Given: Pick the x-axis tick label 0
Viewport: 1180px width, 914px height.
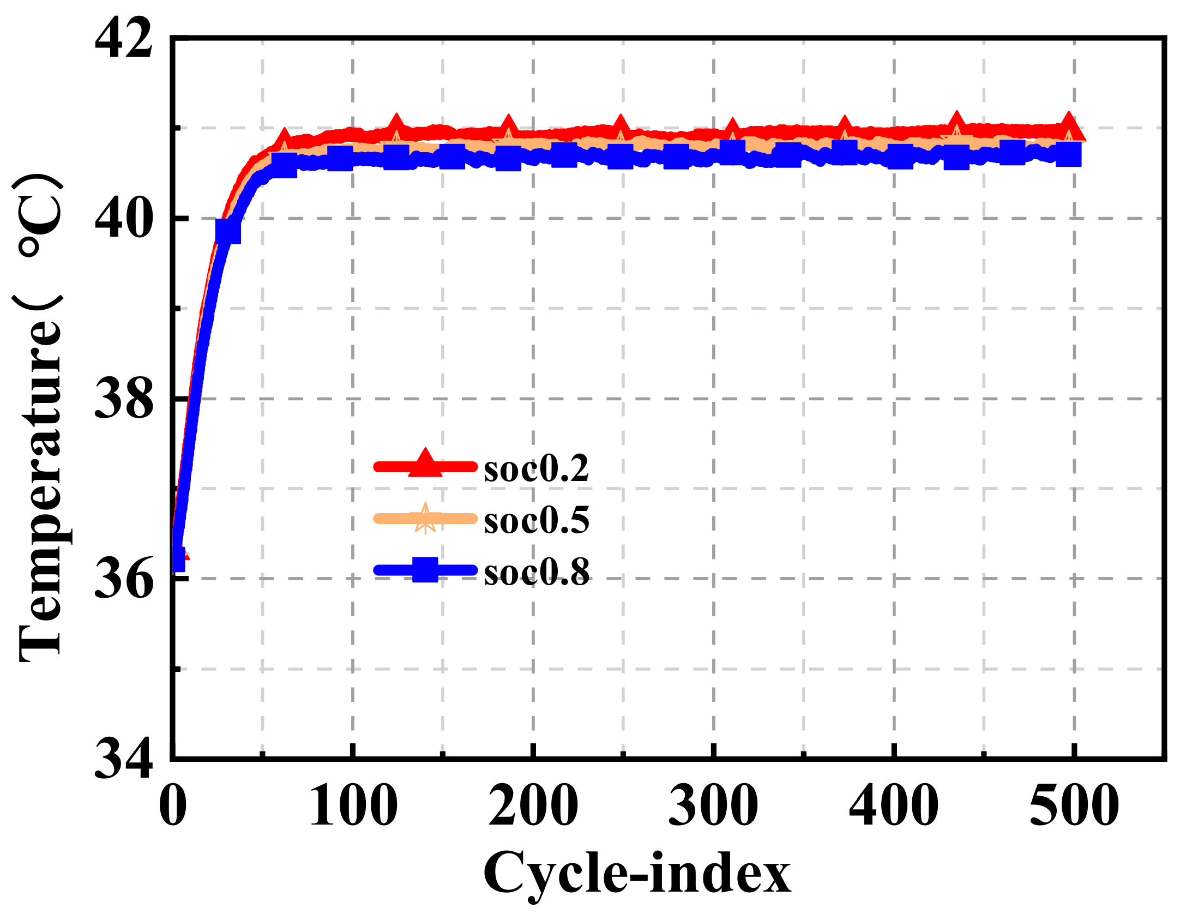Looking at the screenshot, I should tap(173, 806).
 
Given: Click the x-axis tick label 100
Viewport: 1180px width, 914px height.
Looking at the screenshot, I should tap(353, 806).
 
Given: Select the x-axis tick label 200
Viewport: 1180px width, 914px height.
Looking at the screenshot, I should tap(533, 806).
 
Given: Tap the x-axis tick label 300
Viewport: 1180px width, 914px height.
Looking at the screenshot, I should tap(713, 806).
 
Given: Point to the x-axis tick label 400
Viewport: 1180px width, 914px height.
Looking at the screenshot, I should tap(894, 806).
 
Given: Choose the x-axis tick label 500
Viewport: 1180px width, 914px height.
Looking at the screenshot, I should tap(1074, 806).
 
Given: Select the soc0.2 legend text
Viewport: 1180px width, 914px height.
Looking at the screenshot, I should tap(537, 468).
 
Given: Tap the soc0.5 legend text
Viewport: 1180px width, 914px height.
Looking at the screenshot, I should tap(537, 520).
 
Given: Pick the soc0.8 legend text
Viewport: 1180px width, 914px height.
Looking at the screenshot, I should tap(537, 572).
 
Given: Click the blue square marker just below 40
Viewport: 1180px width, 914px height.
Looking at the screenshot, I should tap(228, 231).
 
